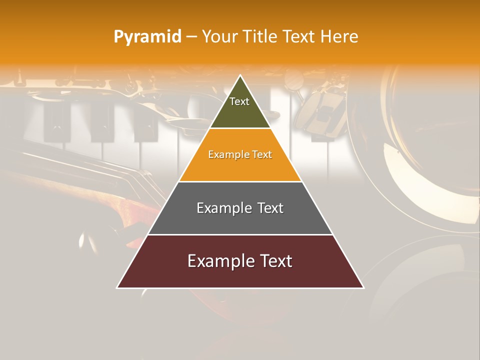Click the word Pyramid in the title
(x=147, y=37)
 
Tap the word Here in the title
(x=339, y=37)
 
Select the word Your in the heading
(x=220, y=37)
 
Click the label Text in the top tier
(x=239, y=101)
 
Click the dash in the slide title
(x=191, y=37)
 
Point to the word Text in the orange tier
(x=261, y=155)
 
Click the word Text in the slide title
(x=300, y=37)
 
